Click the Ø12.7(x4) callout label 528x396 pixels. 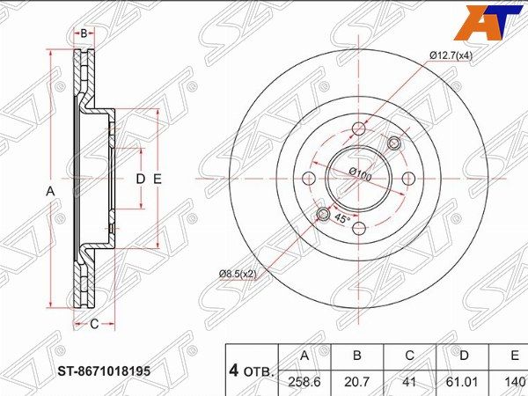click(451, 55)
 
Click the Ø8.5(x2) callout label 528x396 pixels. click(238, 275)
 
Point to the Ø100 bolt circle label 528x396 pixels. click(360, 174)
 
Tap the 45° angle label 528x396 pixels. click(342, 219)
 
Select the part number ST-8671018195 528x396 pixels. click(104, 371)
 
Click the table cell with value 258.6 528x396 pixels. click(304, 382)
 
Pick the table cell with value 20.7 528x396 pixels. click(357, 382)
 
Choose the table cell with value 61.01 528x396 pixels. click(464, 382)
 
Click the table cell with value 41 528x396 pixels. click(410, 382)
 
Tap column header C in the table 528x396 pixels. click(410, 356)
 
